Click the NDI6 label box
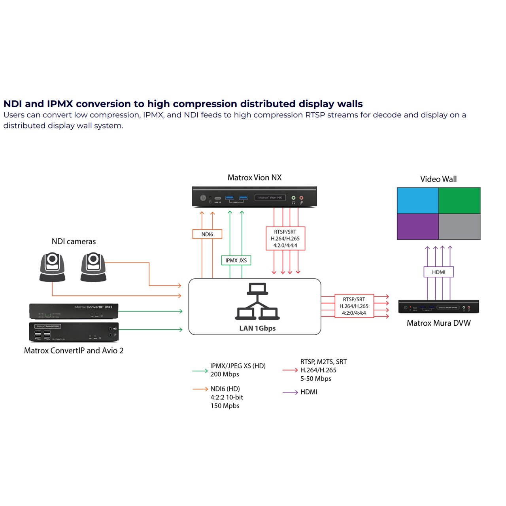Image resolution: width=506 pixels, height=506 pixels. coord(207,234)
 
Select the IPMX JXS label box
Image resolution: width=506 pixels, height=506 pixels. coord(236,261)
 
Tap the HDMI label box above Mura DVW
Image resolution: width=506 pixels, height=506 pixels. coord(438,272)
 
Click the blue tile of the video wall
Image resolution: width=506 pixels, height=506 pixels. coord(418,201)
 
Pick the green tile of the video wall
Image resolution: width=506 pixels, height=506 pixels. coord(459,201)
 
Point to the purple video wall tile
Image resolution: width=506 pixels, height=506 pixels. coord(418,227)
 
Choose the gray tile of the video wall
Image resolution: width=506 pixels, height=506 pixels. coord(459,227)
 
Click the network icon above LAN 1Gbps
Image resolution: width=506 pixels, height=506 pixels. coord(257,302)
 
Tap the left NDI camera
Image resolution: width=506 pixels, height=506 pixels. coord(52,267)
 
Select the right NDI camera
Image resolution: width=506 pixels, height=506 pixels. coord(93,267)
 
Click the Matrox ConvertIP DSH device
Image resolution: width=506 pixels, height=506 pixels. coord(74,311)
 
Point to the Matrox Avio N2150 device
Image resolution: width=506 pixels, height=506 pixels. coord(74,332)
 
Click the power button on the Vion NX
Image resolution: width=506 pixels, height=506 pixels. coord(203,198)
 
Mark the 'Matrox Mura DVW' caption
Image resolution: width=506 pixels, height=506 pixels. coord(438,323)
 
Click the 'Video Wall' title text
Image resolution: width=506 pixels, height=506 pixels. coord(438,179)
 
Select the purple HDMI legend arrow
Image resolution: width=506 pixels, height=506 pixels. coord(290,393)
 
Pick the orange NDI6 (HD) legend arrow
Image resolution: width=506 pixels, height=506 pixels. coord(200,389)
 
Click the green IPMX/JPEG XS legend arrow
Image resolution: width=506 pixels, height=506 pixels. coord(200,371)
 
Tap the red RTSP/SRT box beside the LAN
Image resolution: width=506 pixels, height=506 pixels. coord(354,306)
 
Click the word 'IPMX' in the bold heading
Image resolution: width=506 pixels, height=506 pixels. coord(60,104)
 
